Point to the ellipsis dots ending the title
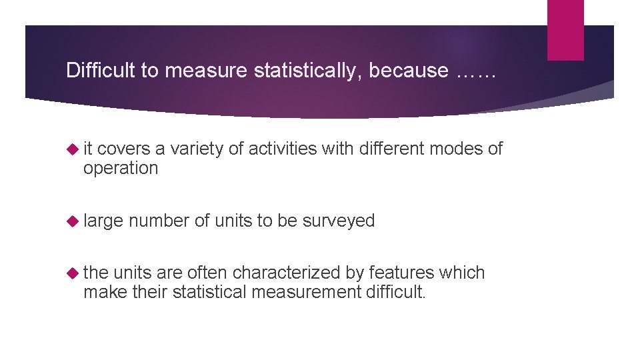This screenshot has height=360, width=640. (477, 71)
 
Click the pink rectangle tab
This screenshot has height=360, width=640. (565, 30)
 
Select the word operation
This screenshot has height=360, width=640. (121, 169)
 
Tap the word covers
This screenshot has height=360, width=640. (121, 149)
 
